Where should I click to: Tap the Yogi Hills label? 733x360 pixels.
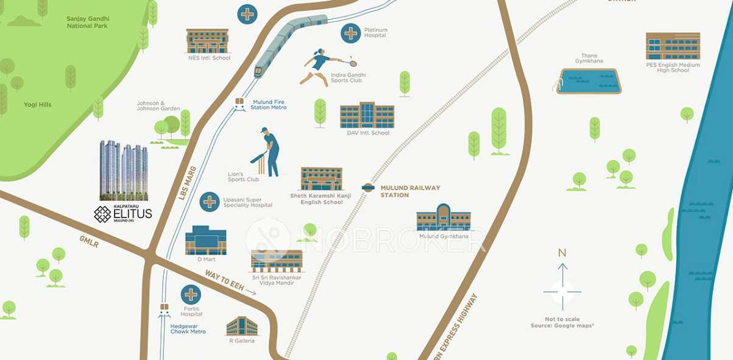(x=38, y=105)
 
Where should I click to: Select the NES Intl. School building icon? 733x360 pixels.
(x=207, y=40)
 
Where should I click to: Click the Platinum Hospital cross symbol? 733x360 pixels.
(x=351, y=33)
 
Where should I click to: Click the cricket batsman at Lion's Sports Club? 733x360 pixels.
(x=269, y=152)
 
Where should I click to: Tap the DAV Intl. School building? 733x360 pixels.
(x=367, y=116)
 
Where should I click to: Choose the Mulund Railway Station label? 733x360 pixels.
(x=410, y=191)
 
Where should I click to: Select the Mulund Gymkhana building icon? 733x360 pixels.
(x=444, y=218)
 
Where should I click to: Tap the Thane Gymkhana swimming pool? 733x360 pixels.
(x=590, y=81)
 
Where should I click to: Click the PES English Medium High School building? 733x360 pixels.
(x=673, y=46)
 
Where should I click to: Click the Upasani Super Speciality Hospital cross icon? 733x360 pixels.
(x=210, y=202)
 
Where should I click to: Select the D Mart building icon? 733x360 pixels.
(x=205, y=241)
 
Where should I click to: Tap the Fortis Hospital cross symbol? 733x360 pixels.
(x=191, y=295)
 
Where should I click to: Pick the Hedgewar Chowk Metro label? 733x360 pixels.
(x=188, y=329)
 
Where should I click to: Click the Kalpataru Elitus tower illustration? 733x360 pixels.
(x=123, y=170)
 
